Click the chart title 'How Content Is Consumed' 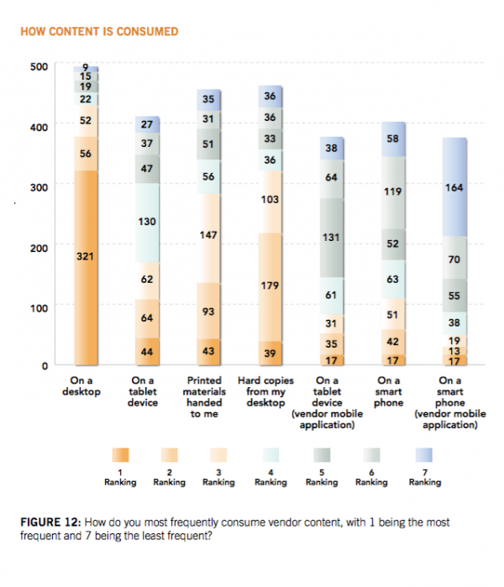coord(99,32)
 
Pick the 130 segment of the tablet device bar coord(147,223)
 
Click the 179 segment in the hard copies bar coord(270,286)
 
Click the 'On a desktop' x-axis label coord(86,385)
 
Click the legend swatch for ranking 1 coord(120,454)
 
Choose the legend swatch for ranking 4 coord(272,454)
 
